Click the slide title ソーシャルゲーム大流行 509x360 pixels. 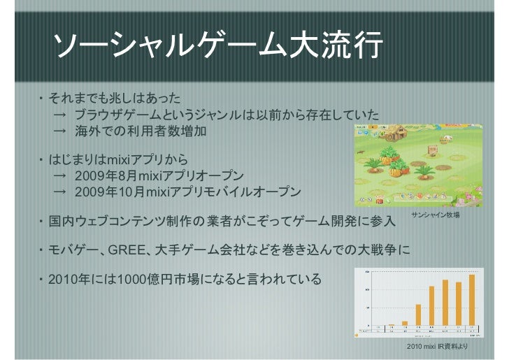(217, 48)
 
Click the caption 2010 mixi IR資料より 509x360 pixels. (437, 347)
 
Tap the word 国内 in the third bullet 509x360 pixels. (58, 222)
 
